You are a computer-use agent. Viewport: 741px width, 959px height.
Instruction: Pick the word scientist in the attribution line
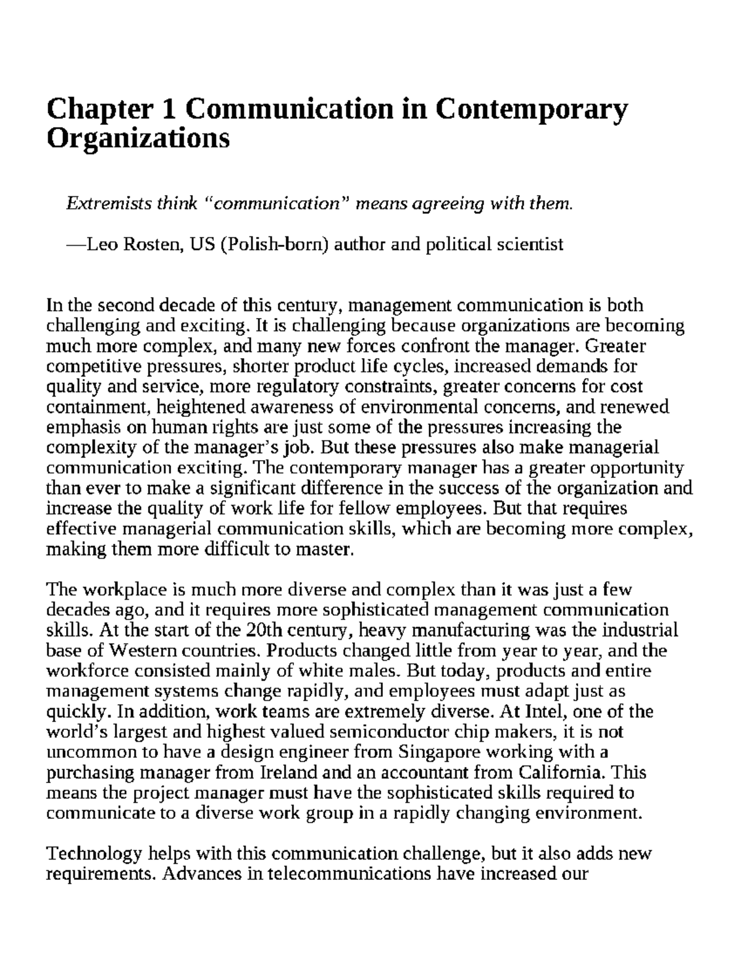(x=530, y=245)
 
